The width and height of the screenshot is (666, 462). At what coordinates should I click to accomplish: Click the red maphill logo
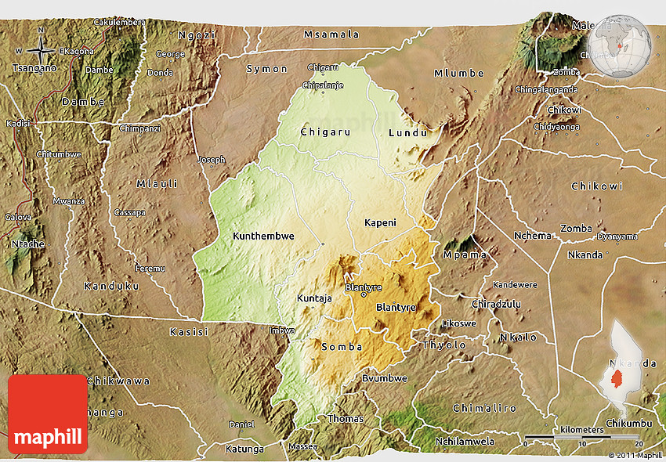pyautogui.click(x=48, y=414)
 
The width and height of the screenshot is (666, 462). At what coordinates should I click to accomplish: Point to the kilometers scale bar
pyautogui.click(x=582, y=436)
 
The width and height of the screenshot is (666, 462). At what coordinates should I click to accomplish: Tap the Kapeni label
pyautogui.click(x=381, y=223)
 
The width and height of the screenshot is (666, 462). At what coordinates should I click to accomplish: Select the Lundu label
pyautogui.click(x=408, y=133)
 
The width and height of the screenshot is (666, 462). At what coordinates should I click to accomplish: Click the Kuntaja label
pyautogui.click(x=314, y=298)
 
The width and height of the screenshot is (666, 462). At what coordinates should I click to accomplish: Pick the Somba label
pyautogui.click(x=342, y=346)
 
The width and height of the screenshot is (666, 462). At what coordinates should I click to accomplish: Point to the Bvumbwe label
pyautogui.click(x=384, y=378)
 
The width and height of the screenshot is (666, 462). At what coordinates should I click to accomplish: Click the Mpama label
pyautogui.click(x=465, y=254)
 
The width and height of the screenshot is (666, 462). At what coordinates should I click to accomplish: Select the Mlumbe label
pyautogui.click(x=459, y=74)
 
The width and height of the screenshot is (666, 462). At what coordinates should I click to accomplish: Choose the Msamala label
pyautogui.click(x=331, y=34)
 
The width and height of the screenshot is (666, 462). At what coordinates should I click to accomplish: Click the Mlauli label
pyautogui.click(x=157, y=184)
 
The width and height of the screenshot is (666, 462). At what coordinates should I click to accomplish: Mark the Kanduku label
pyautogui.click(x=111, y=287)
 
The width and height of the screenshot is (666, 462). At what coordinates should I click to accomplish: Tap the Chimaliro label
pyautogui.click(x=485, y=408)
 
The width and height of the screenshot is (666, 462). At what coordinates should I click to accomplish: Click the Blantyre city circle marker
pyautogui.click(x=364, y=295)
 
